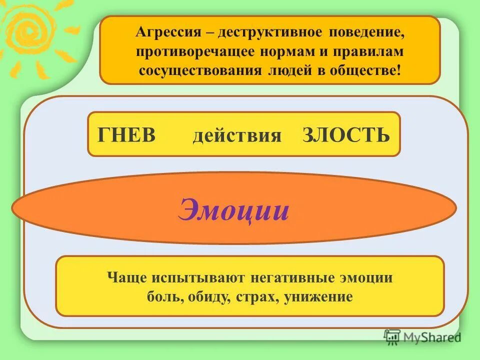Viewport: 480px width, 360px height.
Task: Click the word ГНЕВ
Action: (127, 135)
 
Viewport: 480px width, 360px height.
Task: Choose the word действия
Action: (237, 135)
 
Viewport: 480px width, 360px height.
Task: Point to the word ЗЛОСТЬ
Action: (346, 135)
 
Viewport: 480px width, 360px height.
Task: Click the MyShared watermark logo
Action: (422, 337)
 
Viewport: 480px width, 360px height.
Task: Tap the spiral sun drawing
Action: (30, 32)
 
